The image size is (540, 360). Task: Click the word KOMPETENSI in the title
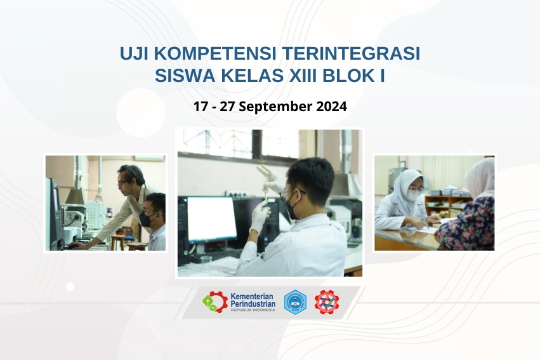tap(210, 54)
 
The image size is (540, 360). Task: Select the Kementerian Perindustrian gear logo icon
tap(214, 302)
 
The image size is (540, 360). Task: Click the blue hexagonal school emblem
tap(294, 302)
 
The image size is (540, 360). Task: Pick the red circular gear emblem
tap(327, 302)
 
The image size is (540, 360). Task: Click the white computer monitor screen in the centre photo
tap(211, 218)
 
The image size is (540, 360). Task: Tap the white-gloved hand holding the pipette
tap(259, 216)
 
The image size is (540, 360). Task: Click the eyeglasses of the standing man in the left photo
tap(122, 182)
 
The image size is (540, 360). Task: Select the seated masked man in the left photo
tap(153, 222)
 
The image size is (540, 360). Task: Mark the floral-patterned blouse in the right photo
tap(467, 225)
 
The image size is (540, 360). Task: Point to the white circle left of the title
tap(140, 113)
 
